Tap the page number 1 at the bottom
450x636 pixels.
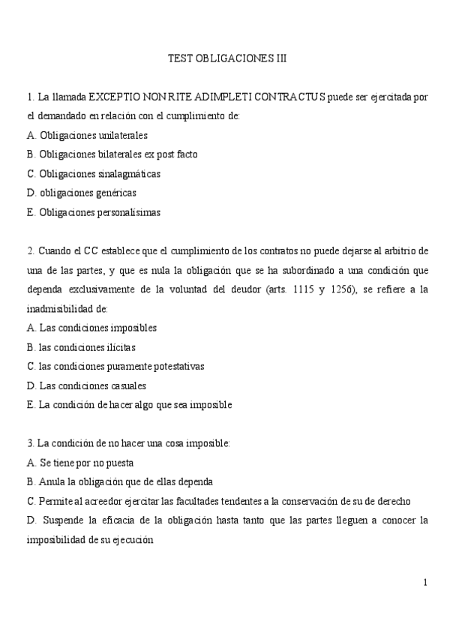tap(425, 582)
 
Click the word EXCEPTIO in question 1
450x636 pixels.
tap(113, 97)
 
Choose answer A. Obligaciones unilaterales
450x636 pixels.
tap(86, 136)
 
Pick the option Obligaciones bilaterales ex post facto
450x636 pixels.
tap(112, 154)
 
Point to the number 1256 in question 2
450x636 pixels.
tap(383, 289)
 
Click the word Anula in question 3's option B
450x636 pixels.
tap(51, 481)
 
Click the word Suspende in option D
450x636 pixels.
tap(64, 520)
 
